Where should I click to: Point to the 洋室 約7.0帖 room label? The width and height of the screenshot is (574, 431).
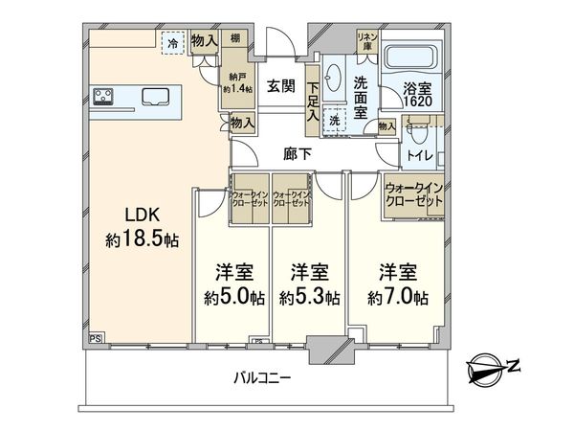tap(396, 284)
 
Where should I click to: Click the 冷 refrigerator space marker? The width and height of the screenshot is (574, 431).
tap(173, 43)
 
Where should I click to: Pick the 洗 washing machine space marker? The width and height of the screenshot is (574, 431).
tap(334, 122)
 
